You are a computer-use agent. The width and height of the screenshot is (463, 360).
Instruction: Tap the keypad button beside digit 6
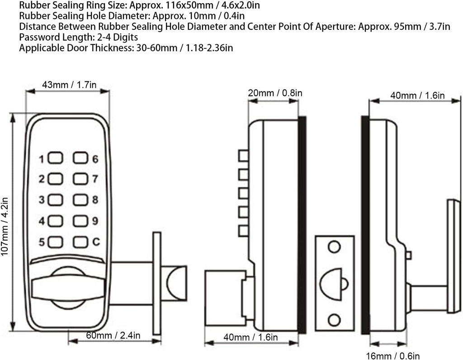[x=80, y=158]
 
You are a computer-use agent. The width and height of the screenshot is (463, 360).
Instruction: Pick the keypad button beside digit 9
[x=80, y=221]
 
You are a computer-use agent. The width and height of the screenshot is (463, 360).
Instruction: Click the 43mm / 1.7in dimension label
[x=69, y=85]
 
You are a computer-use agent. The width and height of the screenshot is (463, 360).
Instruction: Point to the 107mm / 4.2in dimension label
[x=5, y=225]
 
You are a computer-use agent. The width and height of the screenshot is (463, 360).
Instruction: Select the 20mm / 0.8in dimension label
[x=275, y=93]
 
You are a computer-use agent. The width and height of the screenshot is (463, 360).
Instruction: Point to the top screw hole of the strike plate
[x=334, y=247]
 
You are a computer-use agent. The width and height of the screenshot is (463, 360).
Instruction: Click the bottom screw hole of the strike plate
[x=334, y=320]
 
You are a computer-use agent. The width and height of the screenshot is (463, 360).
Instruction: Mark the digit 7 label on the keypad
[x=95, y=180]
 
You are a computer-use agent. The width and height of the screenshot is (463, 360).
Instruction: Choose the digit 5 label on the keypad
[x=42, y=242]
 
